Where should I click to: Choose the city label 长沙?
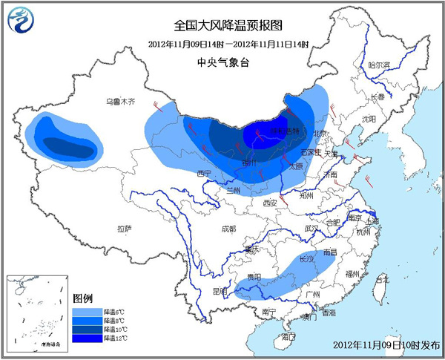306,259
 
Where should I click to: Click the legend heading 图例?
82,298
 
